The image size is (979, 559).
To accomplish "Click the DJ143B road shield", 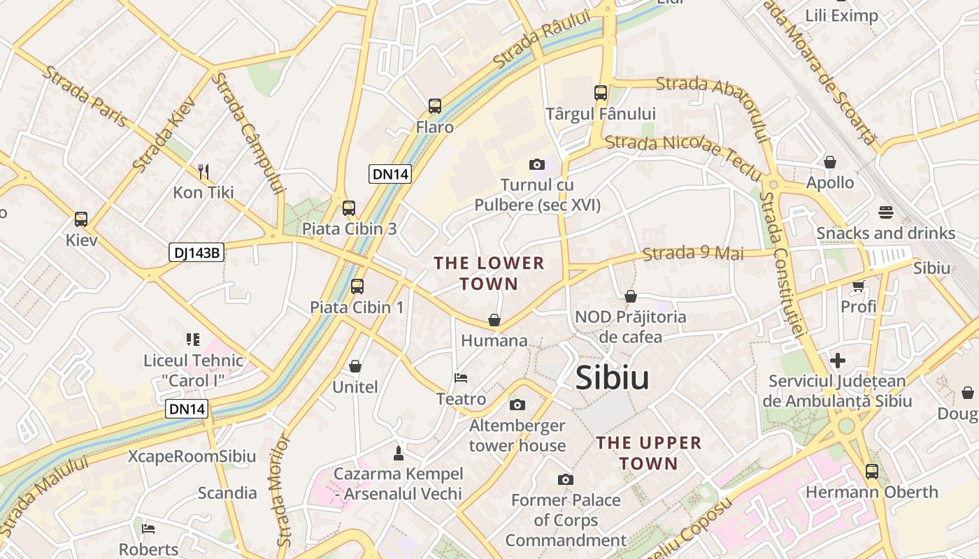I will [x=196, y=252].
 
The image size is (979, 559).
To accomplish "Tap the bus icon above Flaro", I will [x=435, y=106].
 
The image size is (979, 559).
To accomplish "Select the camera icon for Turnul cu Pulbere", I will [x=537, y=164].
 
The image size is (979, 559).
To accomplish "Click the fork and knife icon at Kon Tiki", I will [x=203, y=171].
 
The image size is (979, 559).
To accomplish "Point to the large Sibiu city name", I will [x=612, y=378].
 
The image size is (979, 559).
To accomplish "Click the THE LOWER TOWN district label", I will [x=489, y=273].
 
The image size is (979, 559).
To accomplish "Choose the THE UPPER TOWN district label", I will [x=648, y=453].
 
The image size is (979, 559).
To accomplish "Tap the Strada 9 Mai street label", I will [x=693, y=253].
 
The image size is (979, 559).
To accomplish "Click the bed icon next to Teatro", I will [x=461, y=378].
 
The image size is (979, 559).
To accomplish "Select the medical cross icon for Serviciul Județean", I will [x=837, y=361].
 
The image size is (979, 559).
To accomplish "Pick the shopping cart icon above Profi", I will [x=859, y=285].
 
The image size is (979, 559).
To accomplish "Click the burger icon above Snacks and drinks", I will [x=886, y=212].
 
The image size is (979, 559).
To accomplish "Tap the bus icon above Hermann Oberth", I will [x=871, y=471].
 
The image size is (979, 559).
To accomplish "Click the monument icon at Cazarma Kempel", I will [x=399, y=453].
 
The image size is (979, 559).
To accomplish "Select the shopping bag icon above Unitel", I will [x=355, y=366].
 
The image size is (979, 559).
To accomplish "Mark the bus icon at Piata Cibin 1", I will [x=357, y=286].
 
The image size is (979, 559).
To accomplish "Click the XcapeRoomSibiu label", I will [x=192, y=456].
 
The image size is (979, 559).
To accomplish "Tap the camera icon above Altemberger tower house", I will [x=517, y=405].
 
